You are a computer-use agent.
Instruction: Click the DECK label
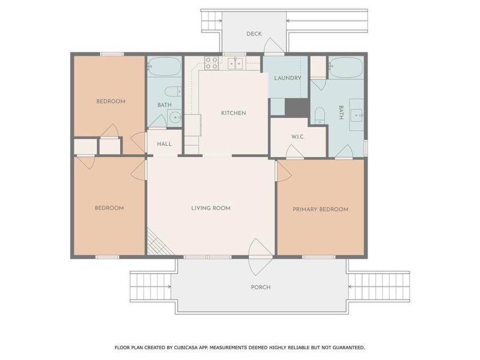tap(254, 34)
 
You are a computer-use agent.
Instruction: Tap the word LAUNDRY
tap(287, 78)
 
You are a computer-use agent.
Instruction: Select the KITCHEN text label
tap(233, 113)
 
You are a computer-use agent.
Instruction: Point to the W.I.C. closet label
tap(297, 137)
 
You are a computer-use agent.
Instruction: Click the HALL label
tap(165, 144)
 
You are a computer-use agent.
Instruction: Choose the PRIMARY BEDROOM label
tap(320, 209)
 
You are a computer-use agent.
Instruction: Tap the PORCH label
tap(260, 287)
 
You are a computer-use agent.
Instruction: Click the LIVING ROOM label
tap(211, 208)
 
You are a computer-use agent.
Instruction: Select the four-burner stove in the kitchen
tap(211, 63)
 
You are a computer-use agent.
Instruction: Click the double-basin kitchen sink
tap(235, 63)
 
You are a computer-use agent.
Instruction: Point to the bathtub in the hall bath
tap(164, 67)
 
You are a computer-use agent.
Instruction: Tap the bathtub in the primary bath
tap(346, 67)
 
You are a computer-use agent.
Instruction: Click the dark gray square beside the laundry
tap(297, 107)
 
